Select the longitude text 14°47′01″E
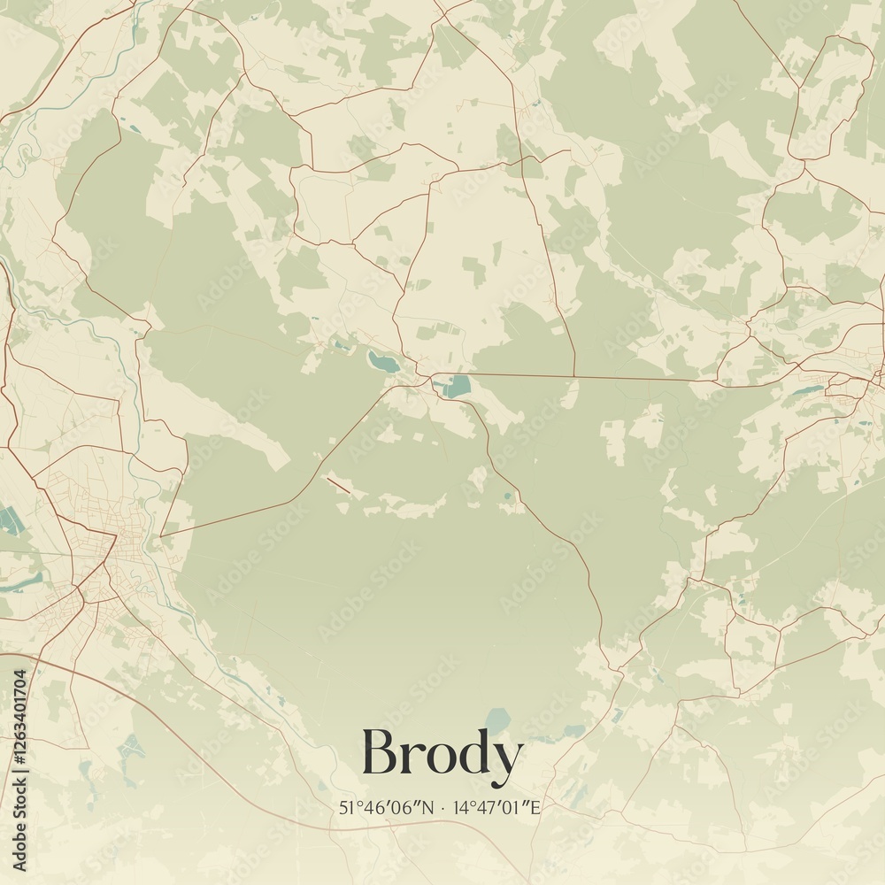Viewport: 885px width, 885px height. (497, 807)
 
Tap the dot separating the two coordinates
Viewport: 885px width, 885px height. (442, 807)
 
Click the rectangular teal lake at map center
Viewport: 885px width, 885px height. (457, 387)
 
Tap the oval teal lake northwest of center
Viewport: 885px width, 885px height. (384, 359)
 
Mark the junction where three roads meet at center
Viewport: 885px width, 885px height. (431, 381)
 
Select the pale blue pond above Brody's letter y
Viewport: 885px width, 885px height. (498, 720)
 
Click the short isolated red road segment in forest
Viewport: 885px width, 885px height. (338, 484)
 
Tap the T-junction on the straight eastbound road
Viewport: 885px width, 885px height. (575, 376)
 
